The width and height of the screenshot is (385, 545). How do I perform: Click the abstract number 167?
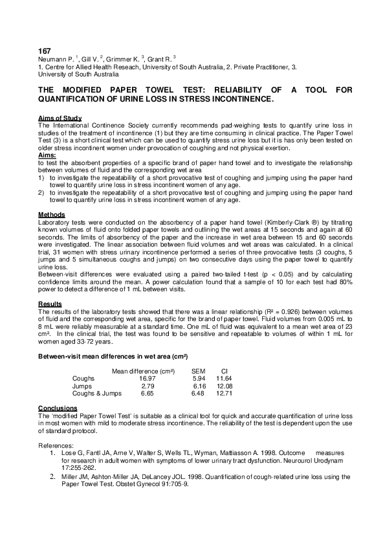tap(45, 50)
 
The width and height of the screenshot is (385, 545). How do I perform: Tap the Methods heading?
tap(52, 214)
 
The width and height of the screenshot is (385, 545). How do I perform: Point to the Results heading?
tap(50, 304)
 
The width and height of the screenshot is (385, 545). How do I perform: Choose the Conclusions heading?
tap(58, 408)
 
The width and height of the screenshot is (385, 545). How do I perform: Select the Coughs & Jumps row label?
tap(96, 394)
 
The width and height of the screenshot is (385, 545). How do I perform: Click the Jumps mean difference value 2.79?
tap(152, 386)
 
